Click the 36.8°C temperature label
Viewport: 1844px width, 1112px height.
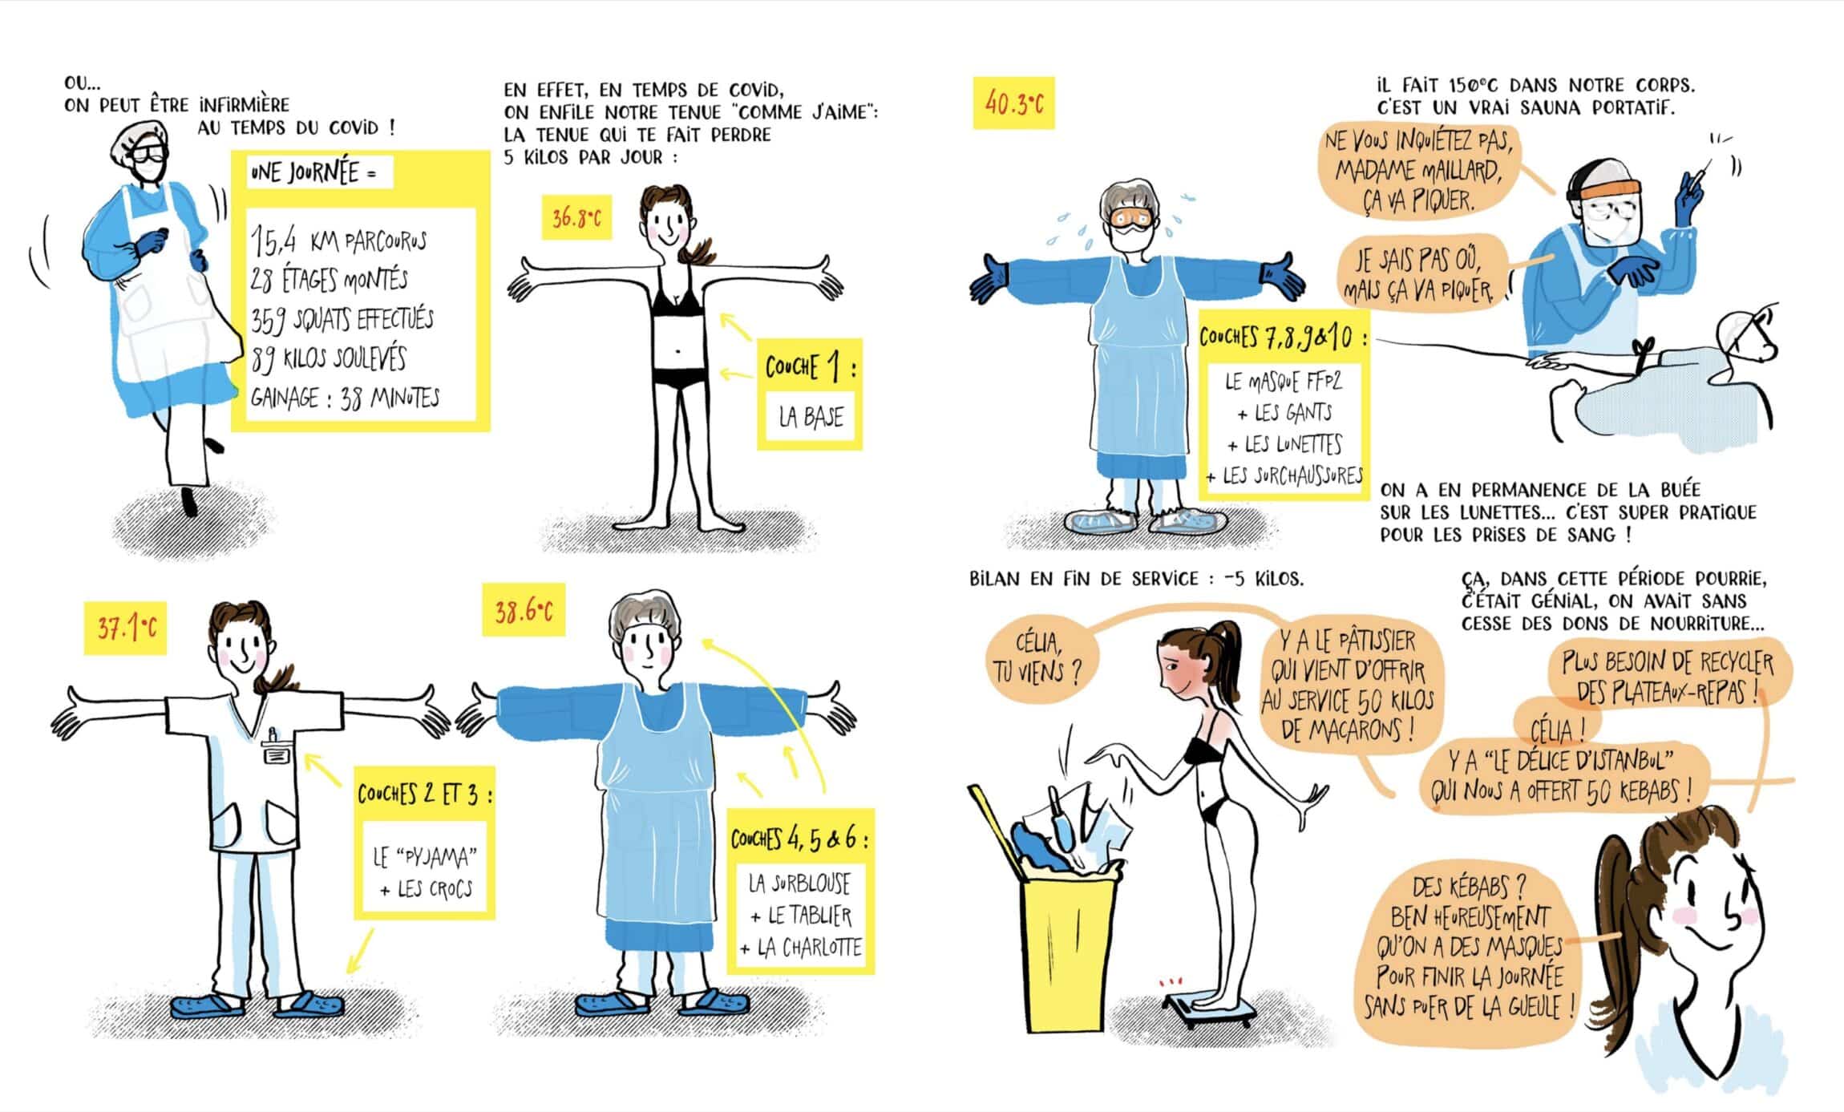click(x=576, y=217)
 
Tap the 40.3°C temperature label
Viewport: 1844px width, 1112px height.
click(x=1013, y=103)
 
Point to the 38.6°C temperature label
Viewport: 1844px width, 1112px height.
click(x=524, y=612)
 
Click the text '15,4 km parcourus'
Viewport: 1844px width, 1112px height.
click(x=338, y=240)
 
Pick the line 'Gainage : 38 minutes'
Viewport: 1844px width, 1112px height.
click(x=345, y=398)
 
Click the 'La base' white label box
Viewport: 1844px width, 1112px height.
click(x=811, y=417)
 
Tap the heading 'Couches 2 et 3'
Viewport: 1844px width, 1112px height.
click(x=424, y=794)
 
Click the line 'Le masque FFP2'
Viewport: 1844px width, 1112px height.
click(x=1283, y=382)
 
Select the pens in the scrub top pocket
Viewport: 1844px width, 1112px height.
click(x=273, y=736)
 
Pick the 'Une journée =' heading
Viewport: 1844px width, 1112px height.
click(x=313, y=172)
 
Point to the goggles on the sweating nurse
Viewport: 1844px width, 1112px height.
click(x=1133, y=217)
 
